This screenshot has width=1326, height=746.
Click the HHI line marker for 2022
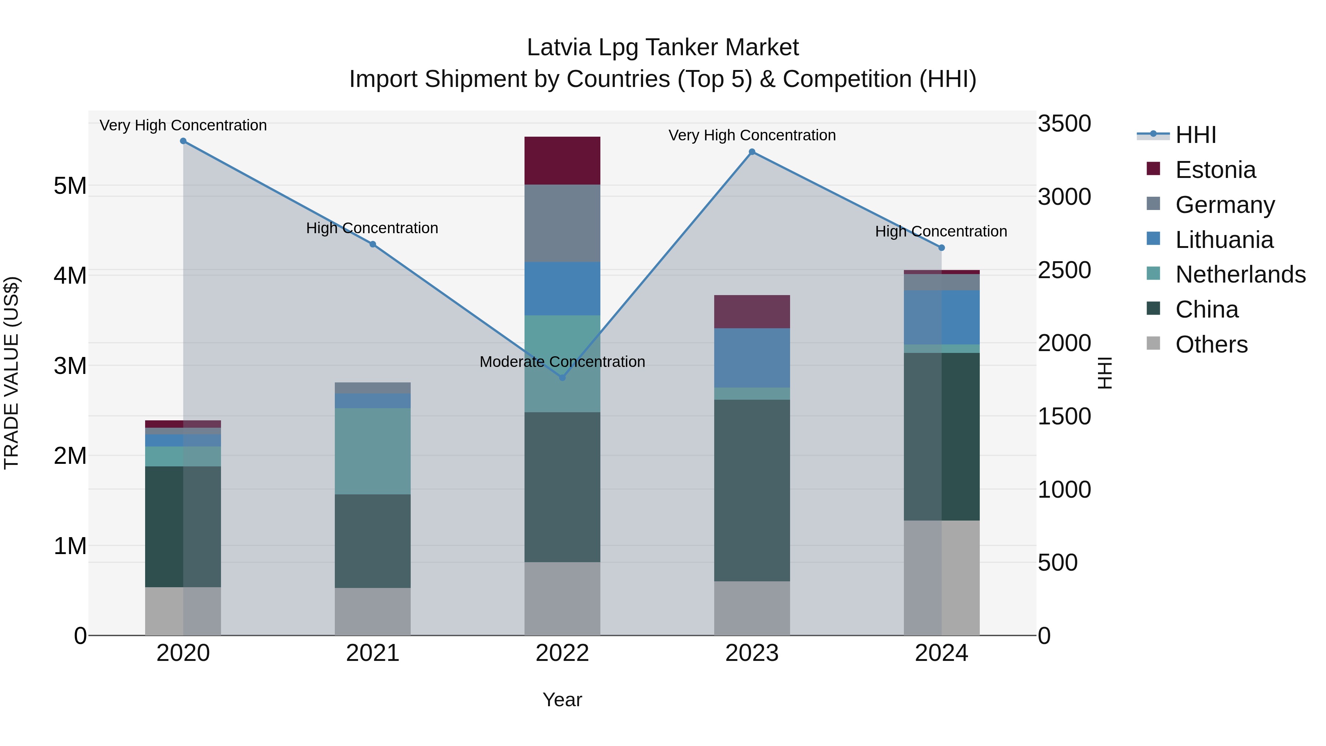pos(562,377)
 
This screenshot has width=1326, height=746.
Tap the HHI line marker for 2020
pos(183,141)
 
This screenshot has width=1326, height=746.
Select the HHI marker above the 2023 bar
pos(752,152)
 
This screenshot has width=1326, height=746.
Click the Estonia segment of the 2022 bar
pos(562,161)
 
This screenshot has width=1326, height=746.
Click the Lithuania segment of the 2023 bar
pos(752,358)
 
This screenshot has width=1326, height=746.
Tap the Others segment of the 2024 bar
pos(941,578)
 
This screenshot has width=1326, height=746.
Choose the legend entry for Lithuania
pos(1224,240)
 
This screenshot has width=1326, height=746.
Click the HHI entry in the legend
pos(1196,135)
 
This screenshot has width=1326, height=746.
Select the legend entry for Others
pos(1211,344)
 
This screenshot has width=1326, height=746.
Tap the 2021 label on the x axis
pos(373,653)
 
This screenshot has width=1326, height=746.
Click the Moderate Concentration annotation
pos(562,362)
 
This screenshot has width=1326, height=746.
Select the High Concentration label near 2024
pos(941,232)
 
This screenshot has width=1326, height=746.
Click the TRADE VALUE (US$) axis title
pos(11,373)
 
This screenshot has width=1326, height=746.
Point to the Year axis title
pos(562,700)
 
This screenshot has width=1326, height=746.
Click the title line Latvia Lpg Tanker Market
pos(663,48)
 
